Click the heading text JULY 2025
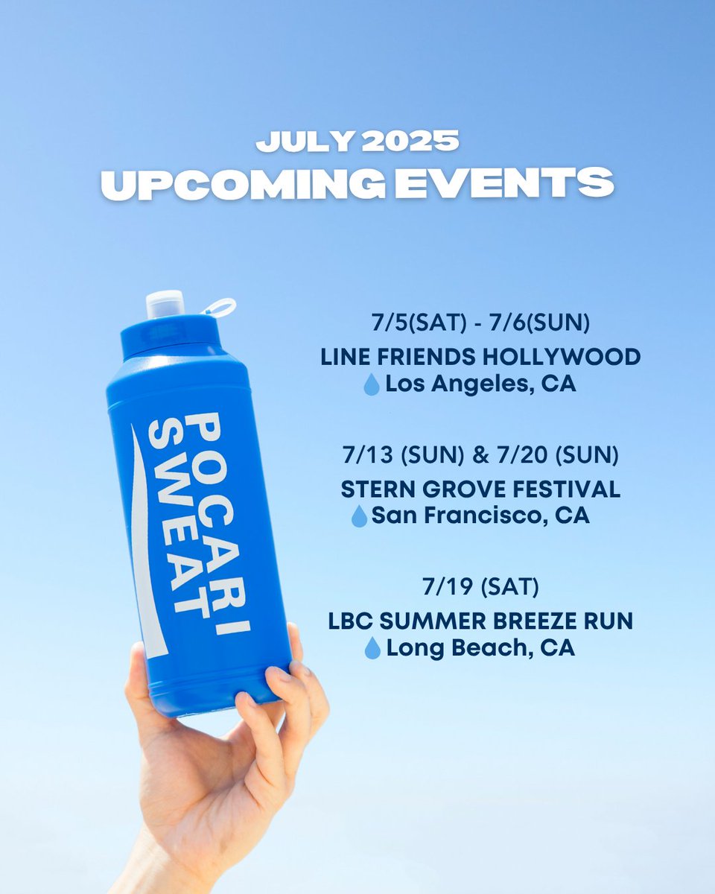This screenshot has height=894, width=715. click(x=357, y=142)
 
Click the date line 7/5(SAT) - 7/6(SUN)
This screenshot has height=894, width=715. click(x=480, y=324)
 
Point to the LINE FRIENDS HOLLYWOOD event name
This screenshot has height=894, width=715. click(x=480, y=357)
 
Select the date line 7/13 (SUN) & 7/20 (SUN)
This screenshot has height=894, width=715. click(x=480, y=455)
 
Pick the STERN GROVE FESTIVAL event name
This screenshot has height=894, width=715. click(x=480, y=489)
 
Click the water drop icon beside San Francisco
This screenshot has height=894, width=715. click(x=360, y=516)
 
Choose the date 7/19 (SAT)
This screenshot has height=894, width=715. click(x=480, y=587)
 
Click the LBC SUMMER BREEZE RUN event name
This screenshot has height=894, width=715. click(x=480, y=621)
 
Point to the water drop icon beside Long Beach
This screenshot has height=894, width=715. click(x=372, y=649)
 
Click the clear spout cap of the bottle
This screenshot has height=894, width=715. click(x=165, y=304)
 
